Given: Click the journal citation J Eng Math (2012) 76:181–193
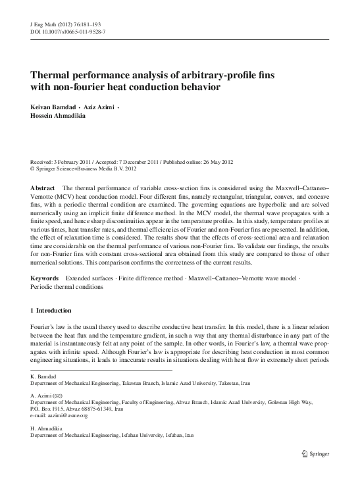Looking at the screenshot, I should click(55, 24).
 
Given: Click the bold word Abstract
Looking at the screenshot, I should click(43, 188).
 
